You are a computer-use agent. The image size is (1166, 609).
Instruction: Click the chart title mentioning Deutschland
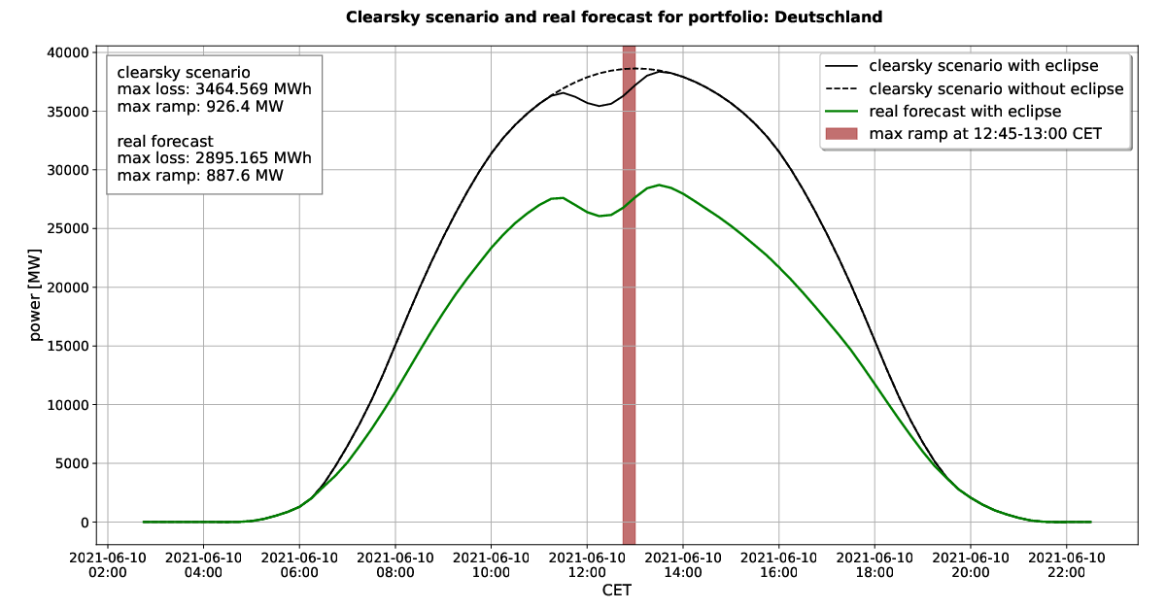[614, 17]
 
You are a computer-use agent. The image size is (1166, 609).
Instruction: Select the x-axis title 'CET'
[617, 591]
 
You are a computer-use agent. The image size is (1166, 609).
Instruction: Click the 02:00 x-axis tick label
[107, 565]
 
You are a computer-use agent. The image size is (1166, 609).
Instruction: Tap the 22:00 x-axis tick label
[1066, 565]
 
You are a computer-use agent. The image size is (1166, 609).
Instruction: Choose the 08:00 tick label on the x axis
[395, 565]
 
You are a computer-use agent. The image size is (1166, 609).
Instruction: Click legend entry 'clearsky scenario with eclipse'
[983, 67]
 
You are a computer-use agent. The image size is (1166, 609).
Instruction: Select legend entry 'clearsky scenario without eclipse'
[996, 89]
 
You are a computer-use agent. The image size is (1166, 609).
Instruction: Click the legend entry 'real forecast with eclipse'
[965, 112]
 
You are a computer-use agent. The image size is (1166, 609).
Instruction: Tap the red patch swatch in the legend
[842, 134]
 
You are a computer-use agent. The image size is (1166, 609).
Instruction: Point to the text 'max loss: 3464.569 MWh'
[214, 89]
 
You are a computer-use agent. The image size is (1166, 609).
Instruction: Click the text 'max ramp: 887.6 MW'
[201, 176]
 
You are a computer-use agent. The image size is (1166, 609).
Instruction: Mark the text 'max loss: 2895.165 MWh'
[214, 158]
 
